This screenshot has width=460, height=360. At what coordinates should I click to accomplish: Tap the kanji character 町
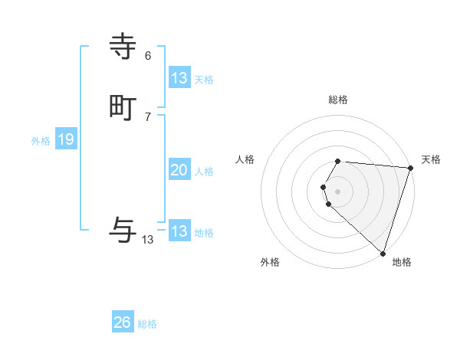(123, 108)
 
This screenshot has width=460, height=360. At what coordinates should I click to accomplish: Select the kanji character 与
(123, 229)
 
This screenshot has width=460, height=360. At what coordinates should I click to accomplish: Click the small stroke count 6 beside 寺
(148, 56)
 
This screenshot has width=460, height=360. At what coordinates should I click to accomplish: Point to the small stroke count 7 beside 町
(148, 116)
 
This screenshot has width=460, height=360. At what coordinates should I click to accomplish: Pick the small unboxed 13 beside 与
(148, 240)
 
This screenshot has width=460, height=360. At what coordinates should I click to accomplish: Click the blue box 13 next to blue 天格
(179, 78)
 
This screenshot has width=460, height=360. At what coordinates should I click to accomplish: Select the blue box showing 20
(179, 170)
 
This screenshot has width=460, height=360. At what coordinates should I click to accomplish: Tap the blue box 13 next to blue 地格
(179, 231)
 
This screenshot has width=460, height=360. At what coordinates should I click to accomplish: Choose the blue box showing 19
(65, 139)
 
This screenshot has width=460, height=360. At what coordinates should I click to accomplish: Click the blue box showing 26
(123, 322)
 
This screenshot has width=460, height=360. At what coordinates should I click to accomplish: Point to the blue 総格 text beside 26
(147, 324)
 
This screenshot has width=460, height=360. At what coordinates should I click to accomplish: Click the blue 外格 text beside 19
(41, 141)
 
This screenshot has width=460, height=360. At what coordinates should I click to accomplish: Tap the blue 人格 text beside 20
(204, 172)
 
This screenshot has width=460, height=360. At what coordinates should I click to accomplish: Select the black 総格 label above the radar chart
(338, 100)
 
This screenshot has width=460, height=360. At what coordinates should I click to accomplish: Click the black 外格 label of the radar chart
(269, 262)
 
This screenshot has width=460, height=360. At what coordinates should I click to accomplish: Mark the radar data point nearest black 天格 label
(410, 168)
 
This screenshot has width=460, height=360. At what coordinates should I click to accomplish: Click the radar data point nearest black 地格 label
(383, 253)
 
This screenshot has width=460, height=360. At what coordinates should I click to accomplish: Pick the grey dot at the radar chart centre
(338, 191)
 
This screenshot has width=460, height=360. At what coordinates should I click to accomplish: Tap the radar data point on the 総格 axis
(338, 162)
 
